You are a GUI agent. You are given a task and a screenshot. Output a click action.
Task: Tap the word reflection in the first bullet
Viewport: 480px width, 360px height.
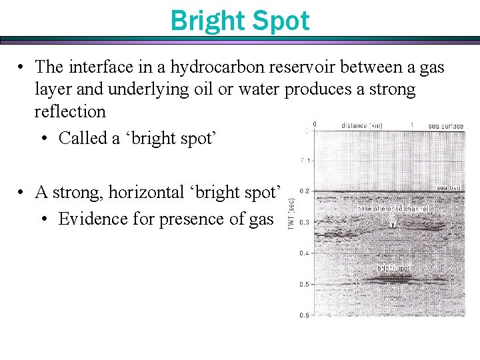click(70, 111)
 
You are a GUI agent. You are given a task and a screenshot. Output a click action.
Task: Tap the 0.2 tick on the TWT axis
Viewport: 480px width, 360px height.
click(304, 191)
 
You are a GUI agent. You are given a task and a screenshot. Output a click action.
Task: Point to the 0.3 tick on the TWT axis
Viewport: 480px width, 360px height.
click(304, 222)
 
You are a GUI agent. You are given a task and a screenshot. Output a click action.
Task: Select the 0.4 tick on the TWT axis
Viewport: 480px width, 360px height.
click(304, 253)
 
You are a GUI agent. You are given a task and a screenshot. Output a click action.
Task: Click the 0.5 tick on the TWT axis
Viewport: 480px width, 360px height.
click(304, 284)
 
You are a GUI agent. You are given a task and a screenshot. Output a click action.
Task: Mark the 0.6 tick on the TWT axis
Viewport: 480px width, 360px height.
click(304, 315)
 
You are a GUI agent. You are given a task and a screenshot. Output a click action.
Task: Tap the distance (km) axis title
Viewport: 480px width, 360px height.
click(361, 125)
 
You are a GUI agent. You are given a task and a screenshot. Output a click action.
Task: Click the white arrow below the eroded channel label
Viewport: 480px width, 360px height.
click(393, 223)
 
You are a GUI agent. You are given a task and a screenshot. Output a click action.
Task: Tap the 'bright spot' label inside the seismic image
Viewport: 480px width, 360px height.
click(393, 269)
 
